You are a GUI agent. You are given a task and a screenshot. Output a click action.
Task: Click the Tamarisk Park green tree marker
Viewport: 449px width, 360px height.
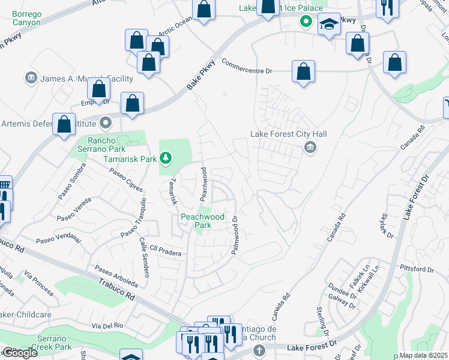(166, 159)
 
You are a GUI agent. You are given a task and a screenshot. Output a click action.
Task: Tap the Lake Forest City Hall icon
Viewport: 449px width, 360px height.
(310, 147)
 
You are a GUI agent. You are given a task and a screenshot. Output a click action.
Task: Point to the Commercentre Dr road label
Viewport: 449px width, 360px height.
(247, 67)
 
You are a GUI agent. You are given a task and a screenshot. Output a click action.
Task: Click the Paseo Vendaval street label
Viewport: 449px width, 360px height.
(58, 238)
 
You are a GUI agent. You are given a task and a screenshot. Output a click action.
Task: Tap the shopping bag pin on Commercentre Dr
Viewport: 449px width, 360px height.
(304, 71)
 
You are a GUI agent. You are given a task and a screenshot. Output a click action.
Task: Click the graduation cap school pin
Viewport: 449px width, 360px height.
(328, 25)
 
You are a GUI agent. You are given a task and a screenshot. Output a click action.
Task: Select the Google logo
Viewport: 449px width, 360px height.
(19, 353)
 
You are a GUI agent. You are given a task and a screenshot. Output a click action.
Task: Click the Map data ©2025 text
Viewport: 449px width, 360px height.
(423, 355)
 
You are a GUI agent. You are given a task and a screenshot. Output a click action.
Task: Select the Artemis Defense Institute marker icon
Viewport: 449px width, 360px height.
(106, 124)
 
